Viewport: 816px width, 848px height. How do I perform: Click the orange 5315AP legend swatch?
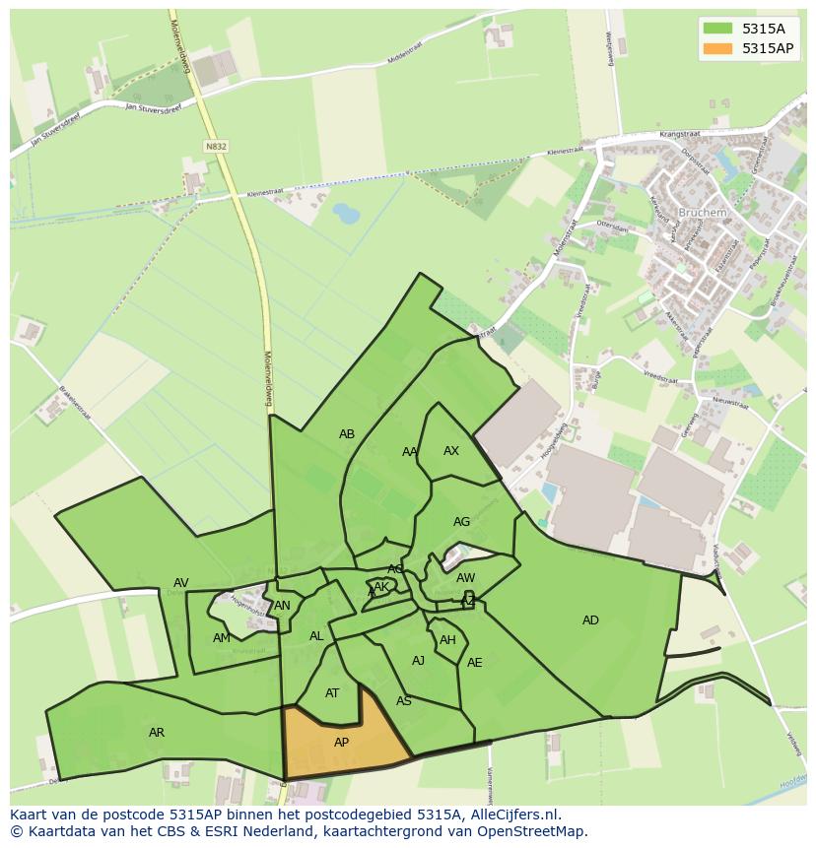(x=718, y=48)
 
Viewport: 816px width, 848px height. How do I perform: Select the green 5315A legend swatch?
(x=718, y=29)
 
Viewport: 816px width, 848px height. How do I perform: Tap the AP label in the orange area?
(x=341, y=743)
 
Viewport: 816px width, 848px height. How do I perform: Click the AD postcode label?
(x=590, y=620)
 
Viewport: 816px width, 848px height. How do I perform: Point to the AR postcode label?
(x=157, y=733)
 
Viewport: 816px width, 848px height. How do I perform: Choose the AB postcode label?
(x=347, y=434)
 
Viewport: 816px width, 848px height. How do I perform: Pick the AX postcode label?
(x=451, y=451)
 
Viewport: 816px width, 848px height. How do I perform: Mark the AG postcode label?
(x=461, y=522)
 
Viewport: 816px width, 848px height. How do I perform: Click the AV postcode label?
(x=181, y=583)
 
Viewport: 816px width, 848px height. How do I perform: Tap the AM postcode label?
(x=221, y=638)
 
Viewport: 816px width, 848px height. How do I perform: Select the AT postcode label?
(x=332, y=693)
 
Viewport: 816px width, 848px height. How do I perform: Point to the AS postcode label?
(x=404, y=701)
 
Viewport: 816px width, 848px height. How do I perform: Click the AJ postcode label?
(x=418, y=661)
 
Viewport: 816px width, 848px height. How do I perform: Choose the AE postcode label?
(x=475, y=663)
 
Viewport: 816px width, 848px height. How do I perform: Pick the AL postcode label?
(x=316, y=636)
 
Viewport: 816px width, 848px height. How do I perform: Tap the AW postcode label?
(x=466, y=578)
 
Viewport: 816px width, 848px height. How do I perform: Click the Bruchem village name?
(x=702, y=213)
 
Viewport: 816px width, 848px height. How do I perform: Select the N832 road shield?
(x=216, y=146)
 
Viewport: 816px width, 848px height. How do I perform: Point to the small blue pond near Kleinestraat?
(x=346, y=212)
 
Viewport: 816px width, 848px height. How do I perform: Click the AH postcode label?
(x=447, y=640)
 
